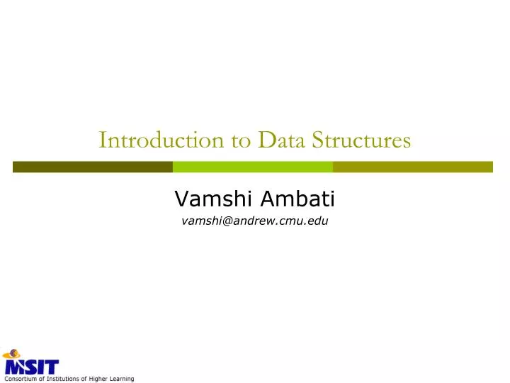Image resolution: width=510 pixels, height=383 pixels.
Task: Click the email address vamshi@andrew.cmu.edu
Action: pyautogui.click(x=255, y=221)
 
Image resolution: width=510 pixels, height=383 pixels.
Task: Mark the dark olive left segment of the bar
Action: pyautogui.click(x=92, y=167)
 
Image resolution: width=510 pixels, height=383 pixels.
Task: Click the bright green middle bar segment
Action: pyautogui.click(x=253, y=167)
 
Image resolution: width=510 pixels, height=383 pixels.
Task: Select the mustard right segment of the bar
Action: pyautogui.click(x=412, y=167)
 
